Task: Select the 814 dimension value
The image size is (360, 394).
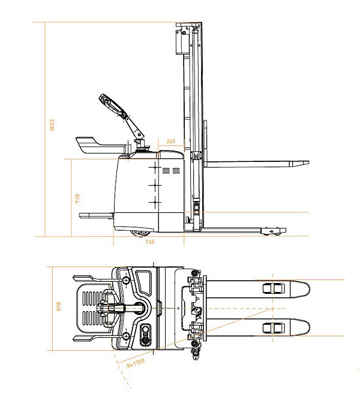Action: coord(77,198)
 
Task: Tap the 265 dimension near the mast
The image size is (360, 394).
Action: coord(170,142)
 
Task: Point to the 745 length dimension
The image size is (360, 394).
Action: coord(150,242)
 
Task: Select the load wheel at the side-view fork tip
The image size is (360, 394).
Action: coord(275,231)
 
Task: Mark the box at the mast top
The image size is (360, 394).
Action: coord(181,40)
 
